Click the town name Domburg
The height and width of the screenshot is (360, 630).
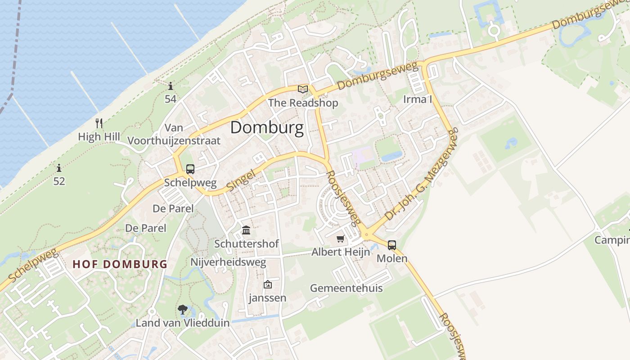coord(267,128)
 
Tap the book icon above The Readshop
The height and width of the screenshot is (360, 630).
coord(303,89)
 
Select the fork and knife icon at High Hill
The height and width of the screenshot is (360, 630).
coord(99,123)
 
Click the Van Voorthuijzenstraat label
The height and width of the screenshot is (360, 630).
coord(174,134)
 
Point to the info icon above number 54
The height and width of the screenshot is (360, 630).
coord(170,86)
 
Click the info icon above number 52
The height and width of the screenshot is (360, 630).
coord(59,168)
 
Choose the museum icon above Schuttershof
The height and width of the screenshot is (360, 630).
coord(246,230)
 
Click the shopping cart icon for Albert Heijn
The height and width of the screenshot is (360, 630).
coord(341,238)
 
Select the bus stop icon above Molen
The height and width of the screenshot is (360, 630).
coord(392,245)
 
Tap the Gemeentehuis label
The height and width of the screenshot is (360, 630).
coord(346,288)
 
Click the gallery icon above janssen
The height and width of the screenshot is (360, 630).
coord(267,284)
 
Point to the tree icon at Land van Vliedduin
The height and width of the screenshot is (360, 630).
coord(182,310)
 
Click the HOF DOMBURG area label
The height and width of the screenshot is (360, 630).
coord(120,264)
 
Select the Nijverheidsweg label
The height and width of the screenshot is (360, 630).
coord(228,262)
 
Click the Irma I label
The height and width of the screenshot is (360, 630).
coord(417,99)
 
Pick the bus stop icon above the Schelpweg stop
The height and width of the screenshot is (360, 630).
coord(190,170)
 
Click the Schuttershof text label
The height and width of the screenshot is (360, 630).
coord(246,244)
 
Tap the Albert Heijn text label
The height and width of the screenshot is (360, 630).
coord(341,252)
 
